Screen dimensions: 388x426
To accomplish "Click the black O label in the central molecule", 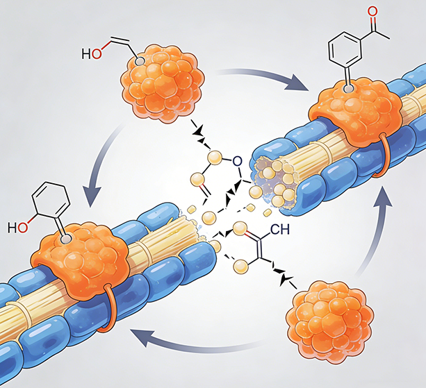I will click(237, 162).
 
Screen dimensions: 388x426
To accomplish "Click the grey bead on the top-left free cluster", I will click(140, 62).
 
